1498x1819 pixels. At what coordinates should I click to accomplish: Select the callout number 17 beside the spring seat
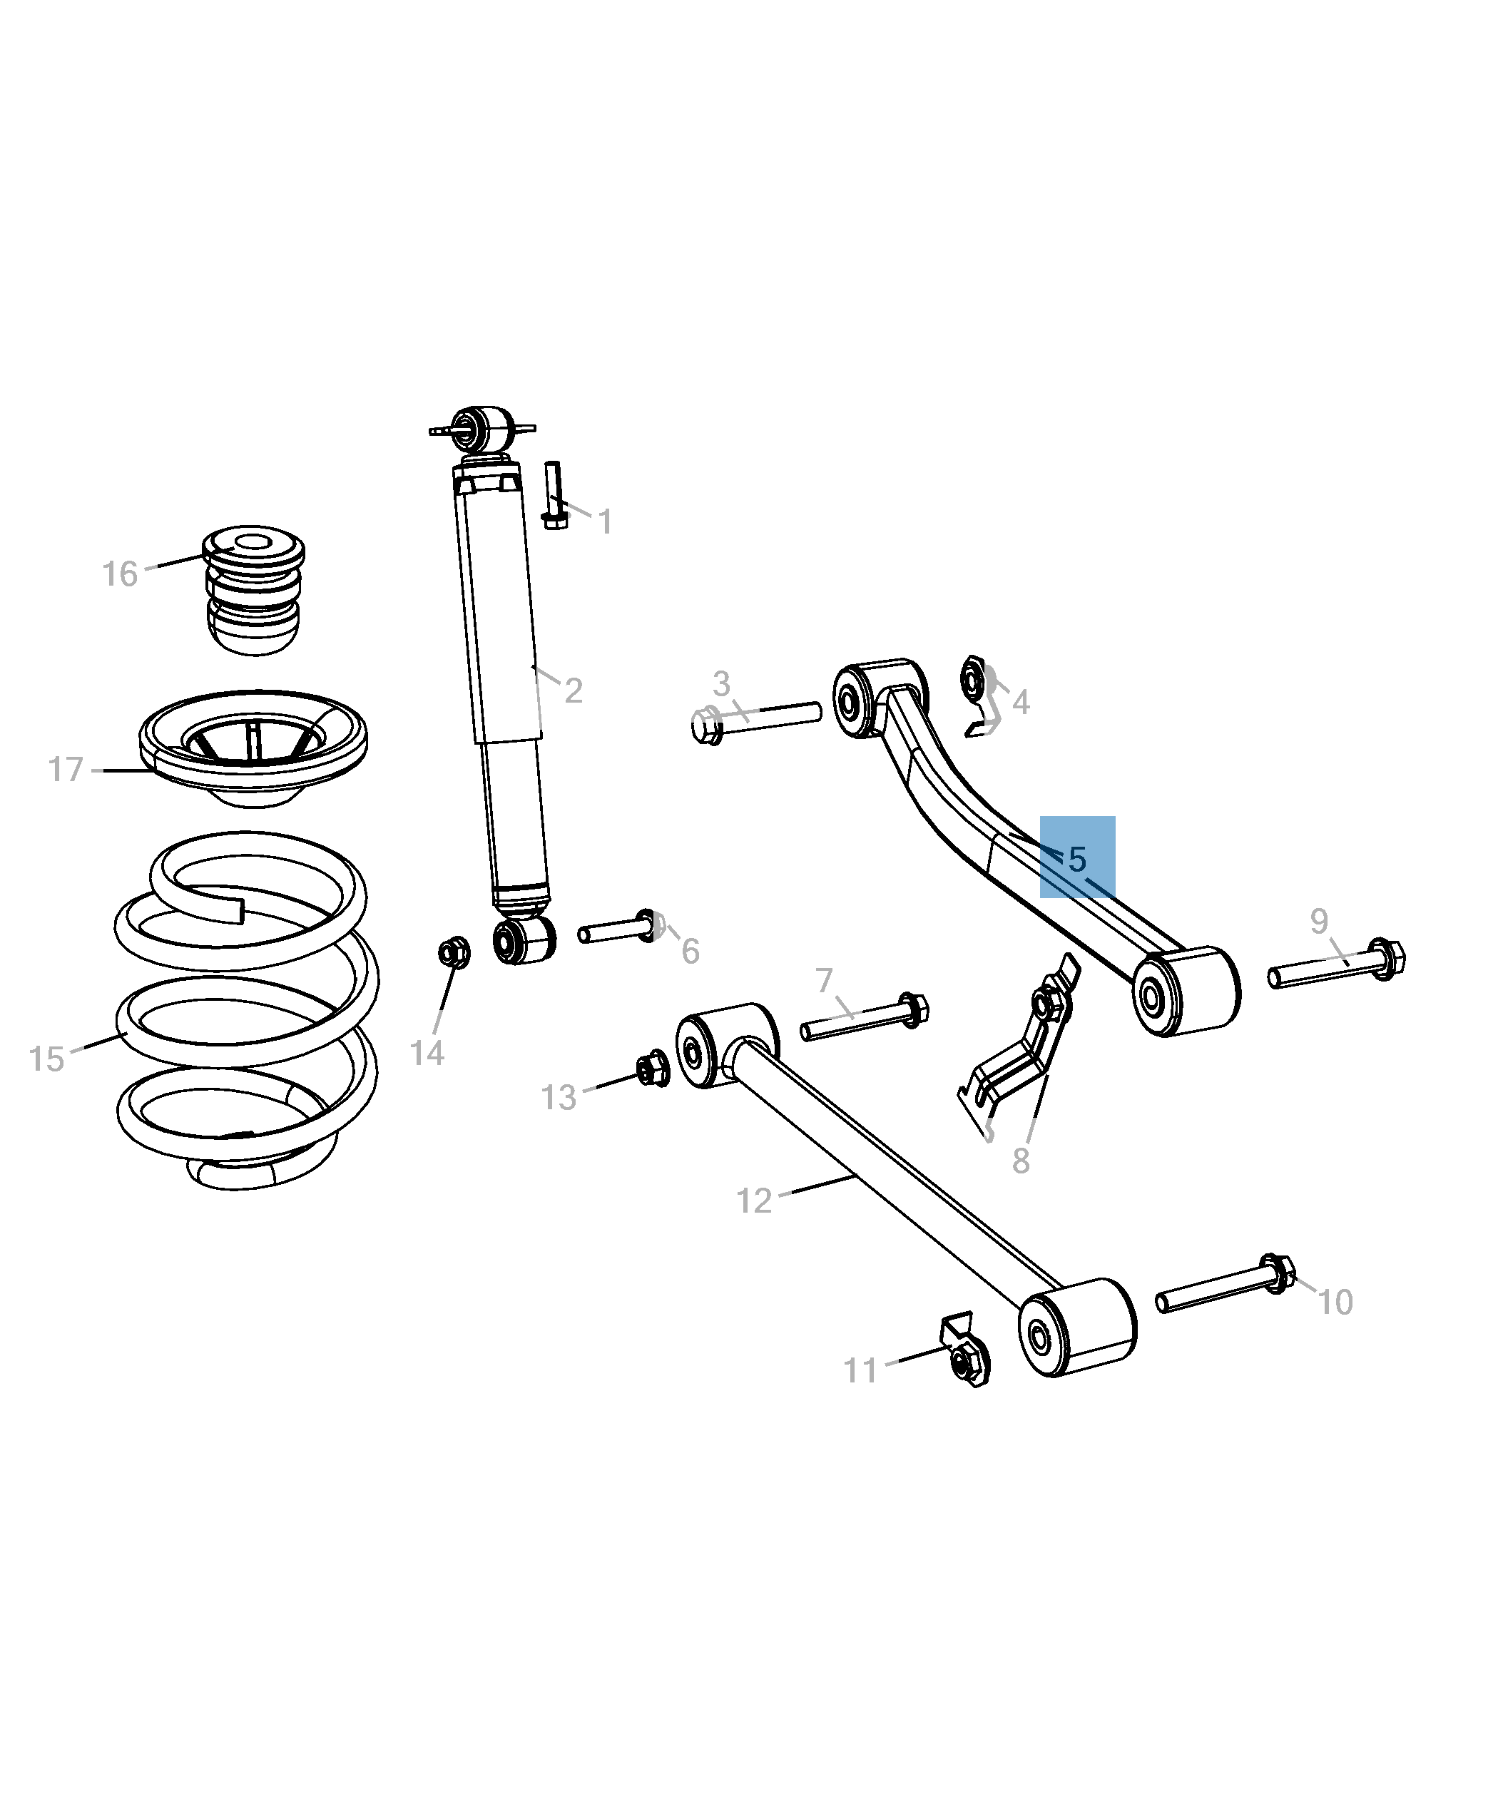(66, 769)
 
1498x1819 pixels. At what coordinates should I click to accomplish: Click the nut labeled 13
(653, 1070)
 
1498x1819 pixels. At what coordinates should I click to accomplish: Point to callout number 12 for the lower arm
(753, 1201)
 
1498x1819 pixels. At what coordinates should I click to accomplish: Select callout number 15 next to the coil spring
(46, 1058)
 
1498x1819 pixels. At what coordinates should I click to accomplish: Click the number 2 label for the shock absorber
(573, 691)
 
